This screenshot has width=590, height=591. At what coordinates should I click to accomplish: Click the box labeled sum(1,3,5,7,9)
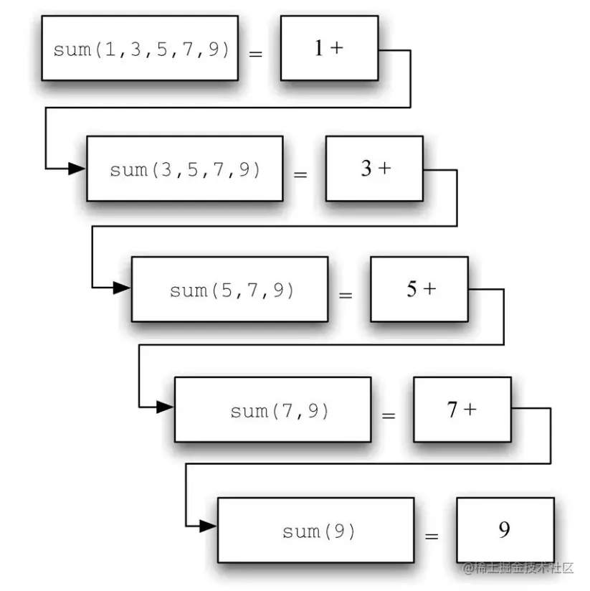pos(139,48)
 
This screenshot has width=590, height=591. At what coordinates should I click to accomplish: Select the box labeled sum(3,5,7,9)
pos(184,169)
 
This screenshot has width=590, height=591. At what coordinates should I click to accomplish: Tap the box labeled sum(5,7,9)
pos(229,289)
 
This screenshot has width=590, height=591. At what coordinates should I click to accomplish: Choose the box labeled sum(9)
pos(315,530)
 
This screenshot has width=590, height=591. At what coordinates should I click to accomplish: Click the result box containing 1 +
pos(329,48)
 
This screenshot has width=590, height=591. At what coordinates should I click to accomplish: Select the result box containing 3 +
pos(374,169)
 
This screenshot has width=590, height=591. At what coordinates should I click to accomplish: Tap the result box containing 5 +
pos(419,289)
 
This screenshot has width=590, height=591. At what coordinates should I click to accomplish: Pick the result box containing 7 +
pos(462,410)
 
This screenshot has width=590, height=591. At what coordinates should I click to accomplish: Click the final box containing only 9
pos(505,530)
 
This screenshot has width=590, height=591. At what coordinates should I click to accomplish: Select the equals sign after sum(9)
pos(431,536)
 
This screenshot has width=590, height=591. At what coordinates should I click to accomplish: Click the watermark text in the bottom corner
pos(518,569)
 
